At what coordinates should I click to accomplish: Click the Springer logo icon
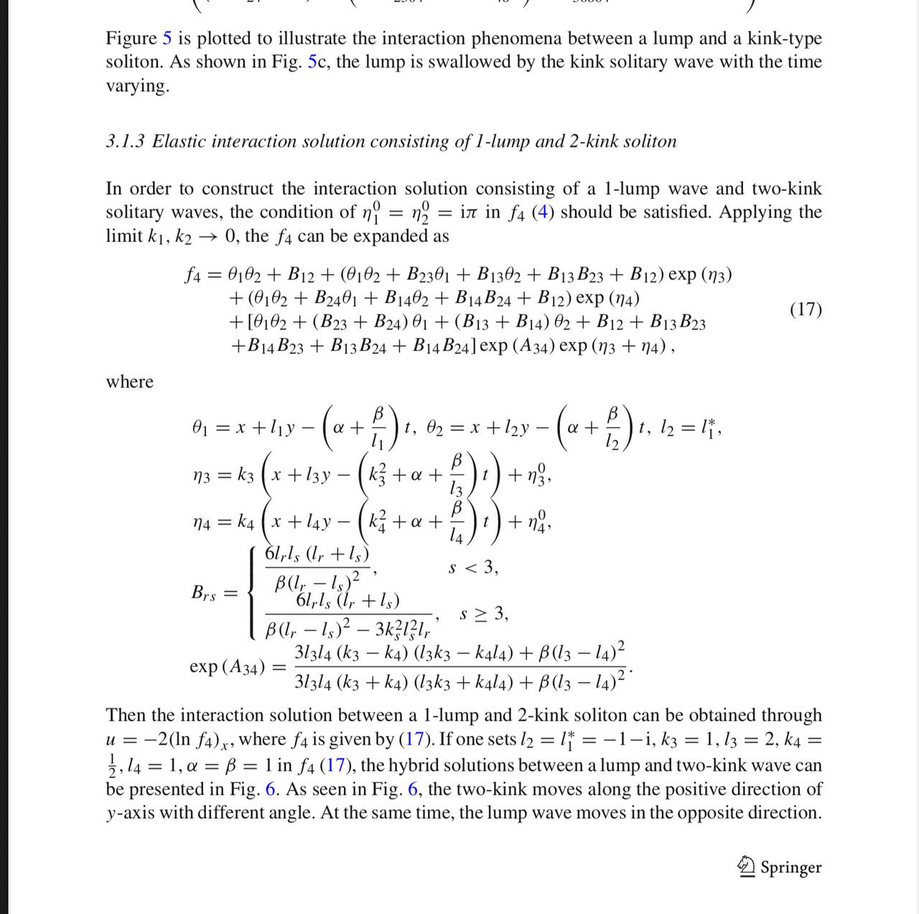tap(747, 867)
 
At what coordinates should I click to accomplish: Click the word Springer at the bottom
tap(790, 867)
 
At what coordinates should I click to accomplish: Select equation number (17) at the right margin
tap(806, 309)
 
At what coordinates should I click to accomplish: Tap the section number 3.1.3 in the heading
tap(126, 141)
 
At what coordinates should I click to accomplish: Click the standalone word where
tap(130, 381)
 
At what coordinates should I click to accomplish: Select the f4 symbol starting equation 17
tap(192, 275)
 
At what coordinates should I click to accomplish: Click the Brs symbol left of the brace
tap(203, 594)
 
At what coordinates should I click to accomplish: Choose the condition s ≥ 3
tap(485, 615)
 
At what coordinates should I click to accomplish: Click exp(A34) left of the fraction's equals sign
tap(225, 666)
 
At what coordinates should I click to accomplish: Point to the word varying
tap(136, 86)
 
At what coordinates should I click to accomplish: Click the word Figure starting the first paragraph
tap(131, 39)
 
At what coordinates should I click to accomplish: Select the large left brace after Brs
tap(251, 593)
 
